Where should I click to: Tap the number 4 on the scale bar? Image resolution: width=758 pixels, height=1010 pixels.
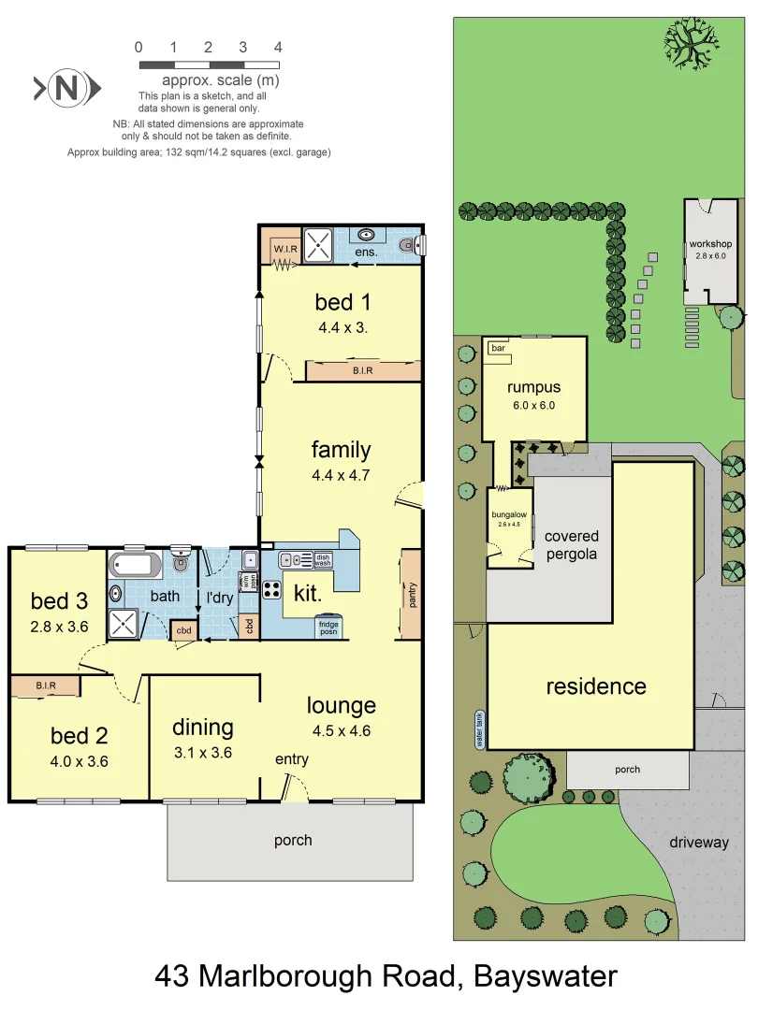tap(278, 47)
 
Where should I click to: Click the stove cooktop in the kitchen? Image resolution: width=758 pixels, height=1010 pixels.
tap(272, 589)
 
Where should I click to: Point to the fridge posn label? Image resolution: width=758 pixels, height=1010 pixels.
tap(328, 627)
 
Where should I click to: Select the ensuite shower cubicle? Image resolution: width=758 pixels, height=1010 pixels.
tap(319, 245)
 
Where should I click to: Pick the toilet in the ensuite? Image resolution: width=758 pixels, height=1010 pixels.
tap(405, 246)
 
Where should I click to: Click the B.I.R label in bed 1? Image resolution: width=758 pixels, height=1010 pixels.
tap(362, 371)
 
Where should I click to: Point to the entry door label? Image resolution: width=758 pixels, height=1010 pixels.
tap(291, 759)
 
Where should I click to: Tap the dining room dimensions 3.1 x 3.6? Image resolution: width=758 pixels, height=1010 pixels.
tap(202, 752)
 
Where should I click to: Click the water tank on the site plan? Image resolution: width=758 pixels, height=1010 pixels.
tap(479, 729)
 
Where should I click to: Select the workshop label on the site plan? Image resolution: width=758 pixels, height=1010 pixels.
tap(709, 244)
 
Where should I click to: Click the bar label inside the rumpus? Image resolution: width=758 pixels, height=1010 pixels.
tap(498, 348)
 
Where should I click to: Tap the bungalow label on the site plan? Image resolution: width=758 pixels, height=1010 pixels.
tap(510, 514)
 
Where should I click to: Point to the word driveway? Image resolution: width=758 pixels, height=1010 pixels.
tap(698, 842)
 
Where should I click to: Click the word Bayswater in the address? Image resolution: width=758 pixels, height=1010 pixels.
tap(546, 976)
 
